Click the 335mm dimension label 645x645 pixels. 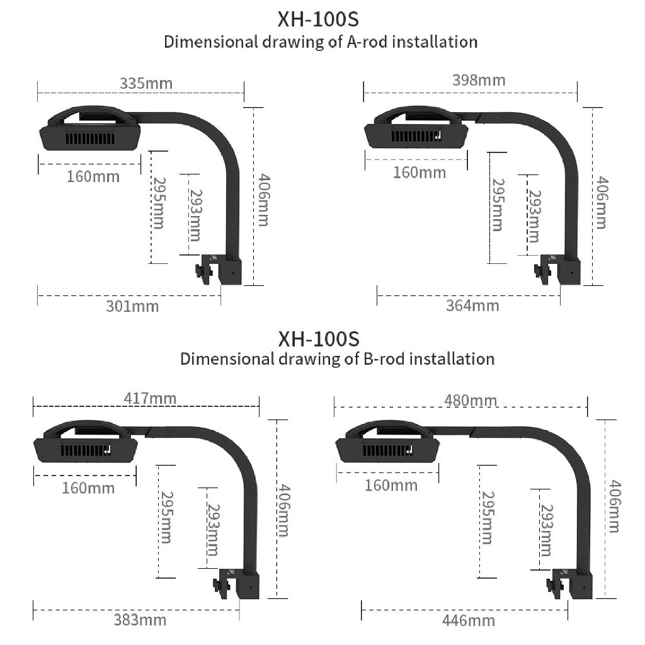point(146,84)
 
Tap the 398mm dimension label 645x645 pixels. point(479,80)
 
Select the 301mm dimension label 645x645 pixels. point(132,307)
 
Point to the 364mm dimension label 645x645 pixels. point(472,305)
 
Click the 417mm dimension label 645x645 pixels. point(150,398)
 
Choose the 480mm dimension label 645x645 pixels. point(471,400)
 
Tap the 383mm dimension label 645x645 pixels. point(140,620)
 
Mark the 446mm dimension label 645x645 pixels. point(469,620)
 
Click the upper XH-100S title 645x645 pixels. point(318,20)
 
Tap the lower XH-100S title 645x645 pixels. point(319,339)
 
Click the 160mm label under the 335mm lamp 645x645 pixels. point(93,177)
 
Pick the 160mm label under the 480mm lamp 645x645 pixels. point(391,486)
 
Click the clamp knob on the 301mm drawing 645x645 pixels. point(203,272)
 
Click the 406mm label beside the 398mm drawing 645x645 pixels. point(601,203)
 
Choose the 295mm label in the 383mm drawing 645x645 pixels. point(166,518)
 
